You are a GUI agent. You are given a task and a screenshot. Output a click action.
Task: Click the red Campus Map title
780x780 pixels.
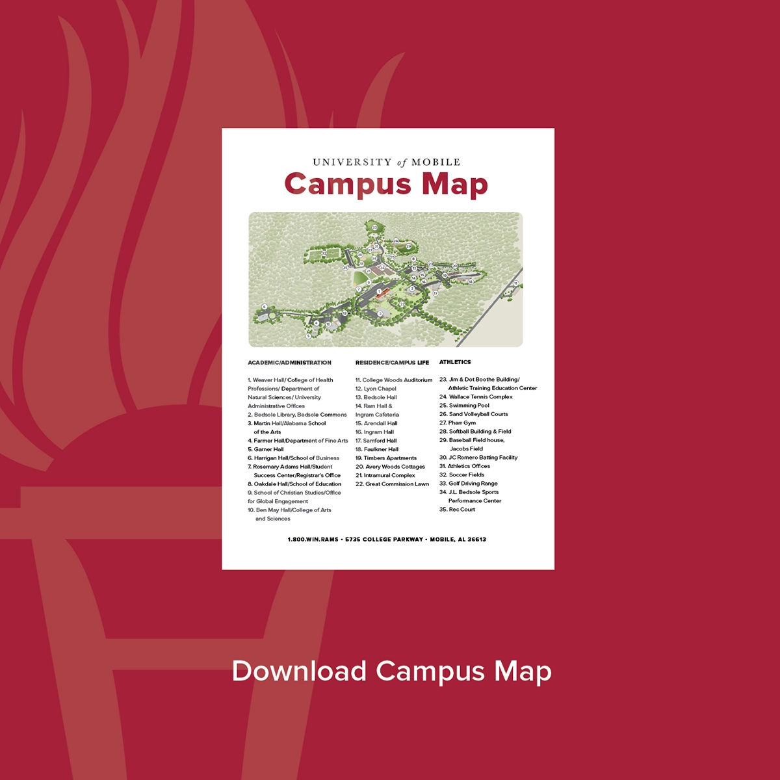pos(386,184)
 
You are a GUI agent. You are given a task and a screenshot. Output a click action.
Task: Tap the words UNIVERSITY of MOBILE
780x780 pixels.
pos(386,162)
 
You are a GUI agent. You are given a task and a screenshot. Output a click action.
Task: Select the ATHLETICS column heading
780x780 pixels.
pos(455,362)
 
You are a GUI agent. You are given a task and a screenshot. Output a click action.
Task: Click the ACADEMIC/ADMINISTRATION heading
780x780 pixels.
pos(289,363)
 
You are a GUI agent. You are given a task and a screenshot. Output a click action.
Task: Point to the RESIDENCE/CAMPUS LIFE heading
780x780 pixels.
pos(392,363)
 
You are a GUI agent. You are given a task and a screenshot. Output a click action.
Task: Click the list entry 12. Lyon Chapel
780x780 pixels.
pos(376,389)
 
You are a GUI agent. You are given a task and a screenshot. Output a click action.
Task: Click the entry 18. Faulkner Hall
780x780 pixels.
pos(377,449)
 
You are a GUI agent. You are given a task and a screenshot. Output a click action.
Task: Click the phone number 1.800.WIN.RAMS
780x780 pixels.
pos(313,539)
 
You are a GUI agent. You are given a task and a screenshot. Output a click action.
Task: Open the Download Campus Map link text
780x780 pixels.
pos(391,671)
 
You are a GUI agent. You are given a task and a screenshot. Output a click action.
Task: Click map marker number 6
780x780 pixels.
pos(265,307)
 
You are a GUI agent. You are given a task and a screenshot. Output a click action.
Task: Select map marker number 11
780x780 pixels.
pos(516,283)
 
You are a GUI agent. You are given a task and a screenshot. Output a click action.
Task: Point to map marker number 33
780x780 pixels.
pos(375,227)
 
